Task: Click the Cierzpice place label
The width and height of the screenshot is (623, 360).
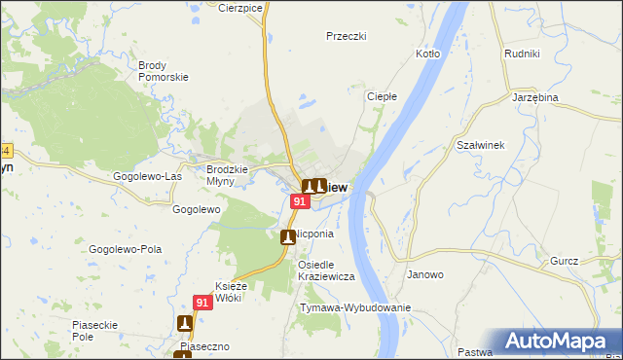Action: click(241, 8)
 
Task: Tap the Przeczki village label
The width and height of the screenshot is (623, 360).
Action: click(346, 36)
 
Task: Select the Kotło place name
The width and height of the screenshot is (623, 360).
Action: click(428, 54)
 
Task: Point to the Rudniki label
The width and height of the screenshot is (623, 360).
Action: click(522, 54)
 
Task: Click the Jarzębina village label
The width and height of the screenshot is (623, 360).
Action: click(534, 98)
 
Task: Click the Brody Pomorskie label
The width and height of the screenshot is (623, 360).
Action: click(163, 71)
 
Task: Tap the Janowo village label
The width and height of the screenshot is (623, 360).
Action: click(425, 274)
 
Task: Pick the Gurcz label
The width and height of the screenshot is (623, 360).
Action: click(564, 261)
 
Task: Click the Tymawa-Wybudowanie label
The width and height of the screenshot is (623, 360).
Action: click(355, 307)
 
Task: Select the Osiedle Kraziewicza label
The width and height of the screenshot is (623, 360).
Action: click(325, 270)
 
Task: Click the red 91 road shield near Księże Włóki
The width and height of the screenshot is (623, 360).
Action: click(202, 303)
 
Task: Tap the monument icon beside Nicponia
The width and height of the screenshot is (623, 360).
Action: click(287, 236)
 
